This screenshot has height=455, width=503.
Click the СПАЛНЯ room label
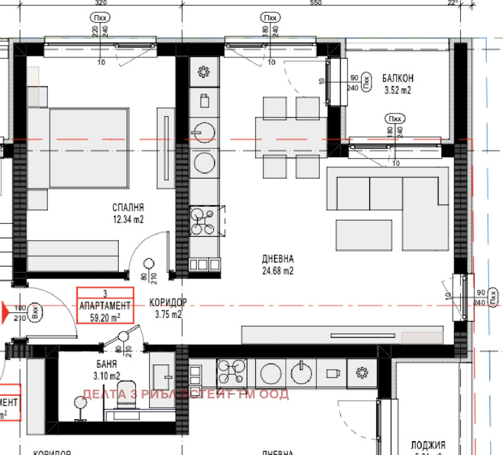[x=129, y=207]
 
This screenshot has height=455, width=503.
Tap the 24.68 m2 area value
[x=278, y=271]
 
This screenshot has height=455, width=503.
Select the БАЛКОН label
[x=397, y=79]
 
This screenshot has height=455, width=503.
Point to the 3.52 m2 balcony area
[x=397, y=90]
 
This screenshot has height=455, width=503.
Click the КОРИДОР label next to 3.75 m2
[x=169, y=302]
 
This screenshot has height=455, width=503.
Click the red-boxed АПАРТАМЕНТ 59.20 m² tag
[x=105, y=305]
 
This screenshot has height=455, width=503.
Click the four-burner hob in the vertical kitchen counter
[x=204, y=221]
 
